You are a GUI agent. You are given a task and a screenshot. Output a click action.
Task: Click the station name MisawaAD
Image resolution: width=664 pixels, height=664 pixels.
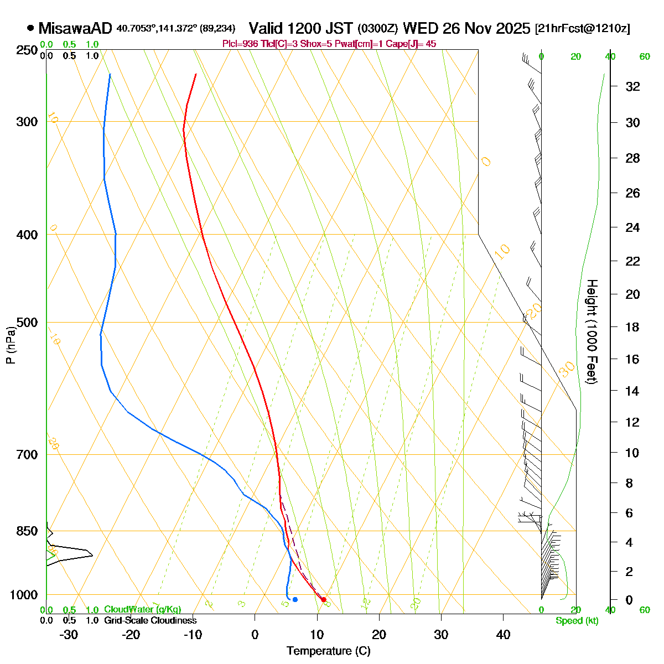pos(75,28)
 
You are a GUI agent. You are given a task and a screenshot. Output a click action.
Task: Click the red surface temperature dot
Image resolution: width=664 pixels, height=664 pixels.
pos(324,600)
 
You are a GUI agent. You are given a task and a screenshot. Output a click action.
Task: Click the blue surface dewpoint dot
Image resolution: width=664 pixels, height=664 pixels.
pos(295,600)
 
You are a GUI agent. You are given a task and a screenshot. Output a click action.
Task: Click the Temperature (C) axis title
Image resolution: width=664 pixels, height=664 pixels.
pos(328,651)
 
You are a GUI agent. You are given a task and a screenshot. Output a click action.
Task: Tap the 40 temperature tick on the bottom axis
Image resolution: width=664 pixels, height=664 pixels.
pos(503,634)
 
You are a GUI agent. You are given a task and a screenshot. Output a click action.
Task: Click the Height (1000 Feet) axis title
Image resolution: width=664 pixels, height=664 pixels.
pos(592,332)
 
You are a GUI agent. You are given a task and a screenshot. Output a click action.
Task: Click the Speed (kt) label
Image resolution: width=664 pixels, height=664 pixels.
pos(577,621)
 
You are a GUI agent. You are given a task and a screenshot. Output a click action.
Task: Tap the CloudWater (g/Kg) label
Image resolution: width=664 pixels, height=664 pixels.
pos(142,610)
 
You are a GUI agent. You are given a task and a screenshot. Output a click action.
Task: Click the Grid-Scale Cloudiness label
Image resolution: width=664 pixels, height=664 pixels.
pos(150,621)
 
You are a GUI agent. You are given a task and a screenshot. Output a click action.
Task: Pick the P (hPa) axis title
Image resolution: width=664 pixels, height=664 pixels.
pos(11,345)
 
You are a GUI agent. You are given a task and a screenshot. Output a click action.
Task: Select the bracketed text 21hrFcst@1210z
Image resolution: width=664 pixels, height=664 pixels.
pos(583,29)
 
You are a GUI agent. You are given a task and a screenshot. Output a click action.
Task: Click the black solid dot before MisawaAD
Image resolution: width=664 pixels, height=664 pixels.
pos(30,28)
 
